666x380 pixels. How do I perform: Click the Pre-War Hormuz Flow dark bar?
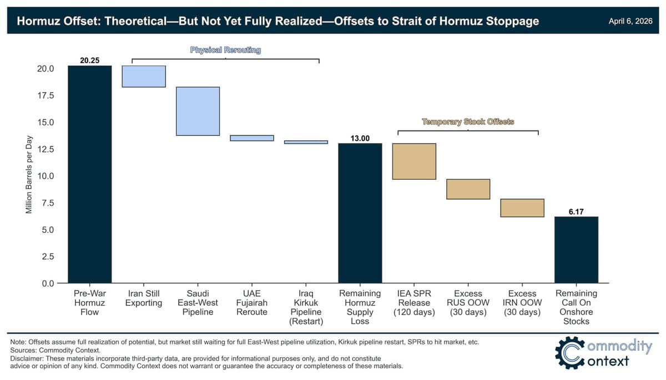89,174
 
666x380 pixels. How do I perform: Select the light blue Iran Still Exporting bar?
144,77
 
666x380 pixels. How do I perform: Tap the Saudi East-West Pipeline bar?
198,111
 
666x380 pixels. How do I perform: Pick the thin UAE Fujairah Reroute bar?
252,138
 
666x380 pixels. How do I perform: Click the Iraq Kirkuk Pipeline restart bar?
306,142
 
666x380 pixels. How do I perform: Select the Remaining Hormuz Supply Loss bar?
360,213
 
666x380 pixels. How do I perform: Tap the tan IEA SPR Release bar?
414,161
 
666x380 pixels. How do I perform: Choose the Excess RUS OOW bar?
468,189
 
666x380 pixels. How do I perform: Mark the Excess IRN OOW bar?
522,208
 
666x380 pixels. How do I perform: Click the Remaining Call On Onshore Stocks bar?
576,250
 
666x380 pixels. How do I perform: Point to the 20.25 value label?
89,60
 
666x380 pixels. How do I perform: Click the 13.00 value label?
360,138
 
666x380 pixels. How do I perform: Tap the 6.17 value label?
576,211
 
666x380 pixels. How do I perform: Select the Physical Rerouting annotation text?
225,50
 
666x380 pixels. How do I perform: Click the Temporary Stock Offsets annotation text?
468,121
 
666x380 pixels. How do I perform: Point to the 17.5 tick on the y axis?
45,95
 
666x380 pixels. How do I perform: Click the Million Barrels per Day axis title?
29,175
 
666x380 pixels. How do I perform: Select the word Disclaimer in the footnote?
26,358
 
